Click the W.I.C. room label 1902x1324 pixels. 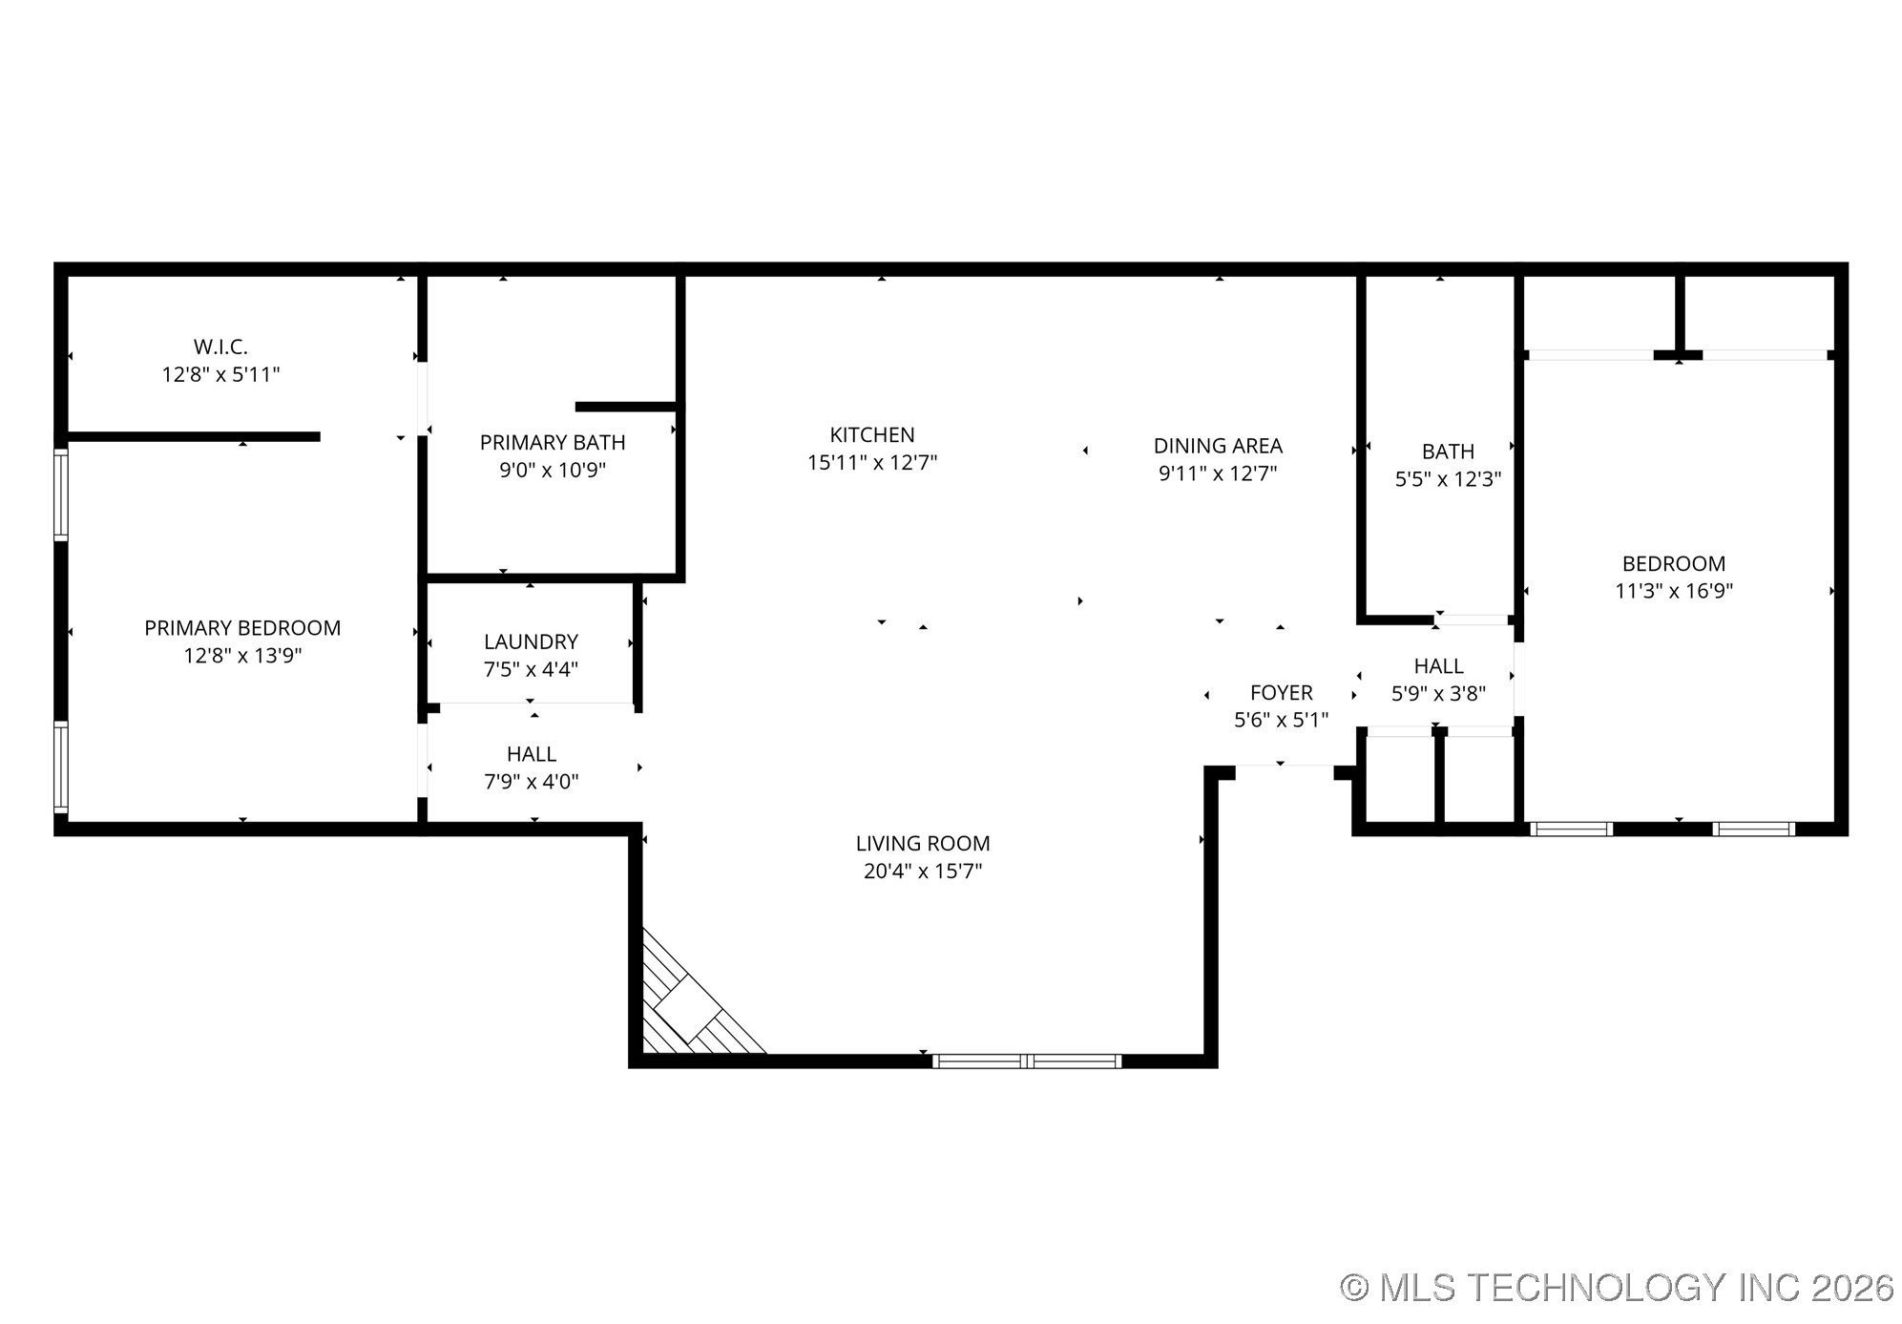tap(220, 347)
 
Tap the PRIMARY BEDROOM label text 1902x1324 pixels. tap(242, 628)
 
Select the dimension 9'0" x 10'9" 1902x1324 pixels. tap(553, 471)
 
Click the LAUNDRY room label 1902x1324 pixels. tap(531, 641)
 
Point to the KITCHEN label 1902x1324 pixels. tap(872, 435)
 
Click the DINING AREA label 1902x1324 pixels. tap(1218, 446)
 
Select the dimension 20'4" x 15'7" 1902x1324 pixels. tap(923, 872)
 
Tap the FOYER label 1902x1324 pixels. tap(1281, 693)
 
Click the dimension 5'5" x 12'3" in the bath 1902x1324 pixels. tap(1448, 479)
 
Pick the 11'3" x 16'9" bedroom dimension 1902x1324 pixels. tap(1673, 591)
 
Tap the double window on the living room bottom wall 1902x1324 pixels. tap(1026, 1061)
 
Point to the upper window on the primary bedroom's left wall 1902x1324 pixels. tap(61, 494)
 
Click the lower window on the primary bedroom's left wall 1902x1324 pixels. tap(61, 767)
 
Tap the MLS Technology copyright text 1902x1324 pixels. tap(1617, 1288)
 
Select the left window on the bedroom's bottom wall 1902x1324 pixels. tap(1571, 829)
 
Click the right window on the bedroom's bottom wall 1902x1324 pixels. tap(1753, 829)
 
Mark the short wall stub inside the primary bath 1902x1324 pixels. tap(626, 408)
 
